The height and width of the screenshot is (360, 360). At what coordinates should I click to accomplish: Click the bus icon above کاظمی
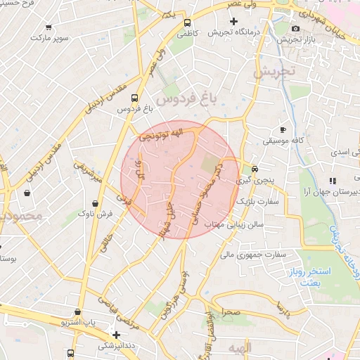185,22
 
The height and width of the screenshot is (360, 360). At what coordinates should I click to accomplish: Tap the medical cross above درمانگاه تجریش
234,22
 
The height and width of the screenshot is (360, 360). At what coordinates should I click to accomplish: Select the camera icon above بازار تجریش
295,28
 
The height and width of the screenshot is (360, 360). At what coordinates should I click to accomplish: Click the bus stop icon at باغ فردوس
134,98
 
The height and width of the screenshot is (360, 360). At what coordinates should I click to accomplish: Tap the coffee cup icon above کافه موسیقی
283,129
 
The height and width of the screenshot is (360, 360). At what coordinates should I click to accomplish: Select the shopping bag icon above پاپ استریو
77,311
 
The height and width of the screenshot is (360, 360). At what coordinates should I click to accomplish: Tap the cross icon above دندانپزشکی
116,335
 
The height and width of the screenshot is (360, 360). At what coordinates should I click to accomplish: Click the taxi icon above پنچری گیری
255,169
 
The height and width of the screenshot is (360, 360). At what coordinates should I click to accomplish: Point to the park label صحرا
231,311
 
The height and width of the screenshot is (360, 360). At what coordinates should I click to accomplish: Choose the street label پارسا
283,307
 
